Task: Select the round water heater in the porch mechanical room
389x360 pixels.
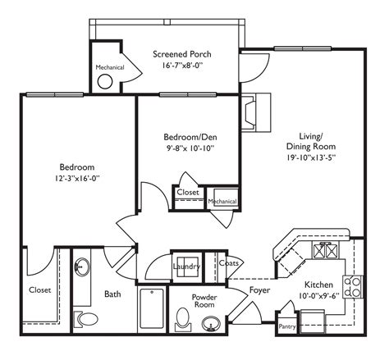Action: click(106, 81)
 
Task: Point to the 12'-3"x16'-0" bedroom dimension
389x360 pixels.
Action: click(76, 177)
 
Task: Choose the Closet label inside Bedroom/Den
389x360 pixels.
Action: click(186, 194)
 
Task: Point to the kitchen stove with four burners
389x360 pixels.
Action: click(352, 287)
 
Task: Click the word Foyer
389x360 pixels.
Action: click(260, 289)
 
